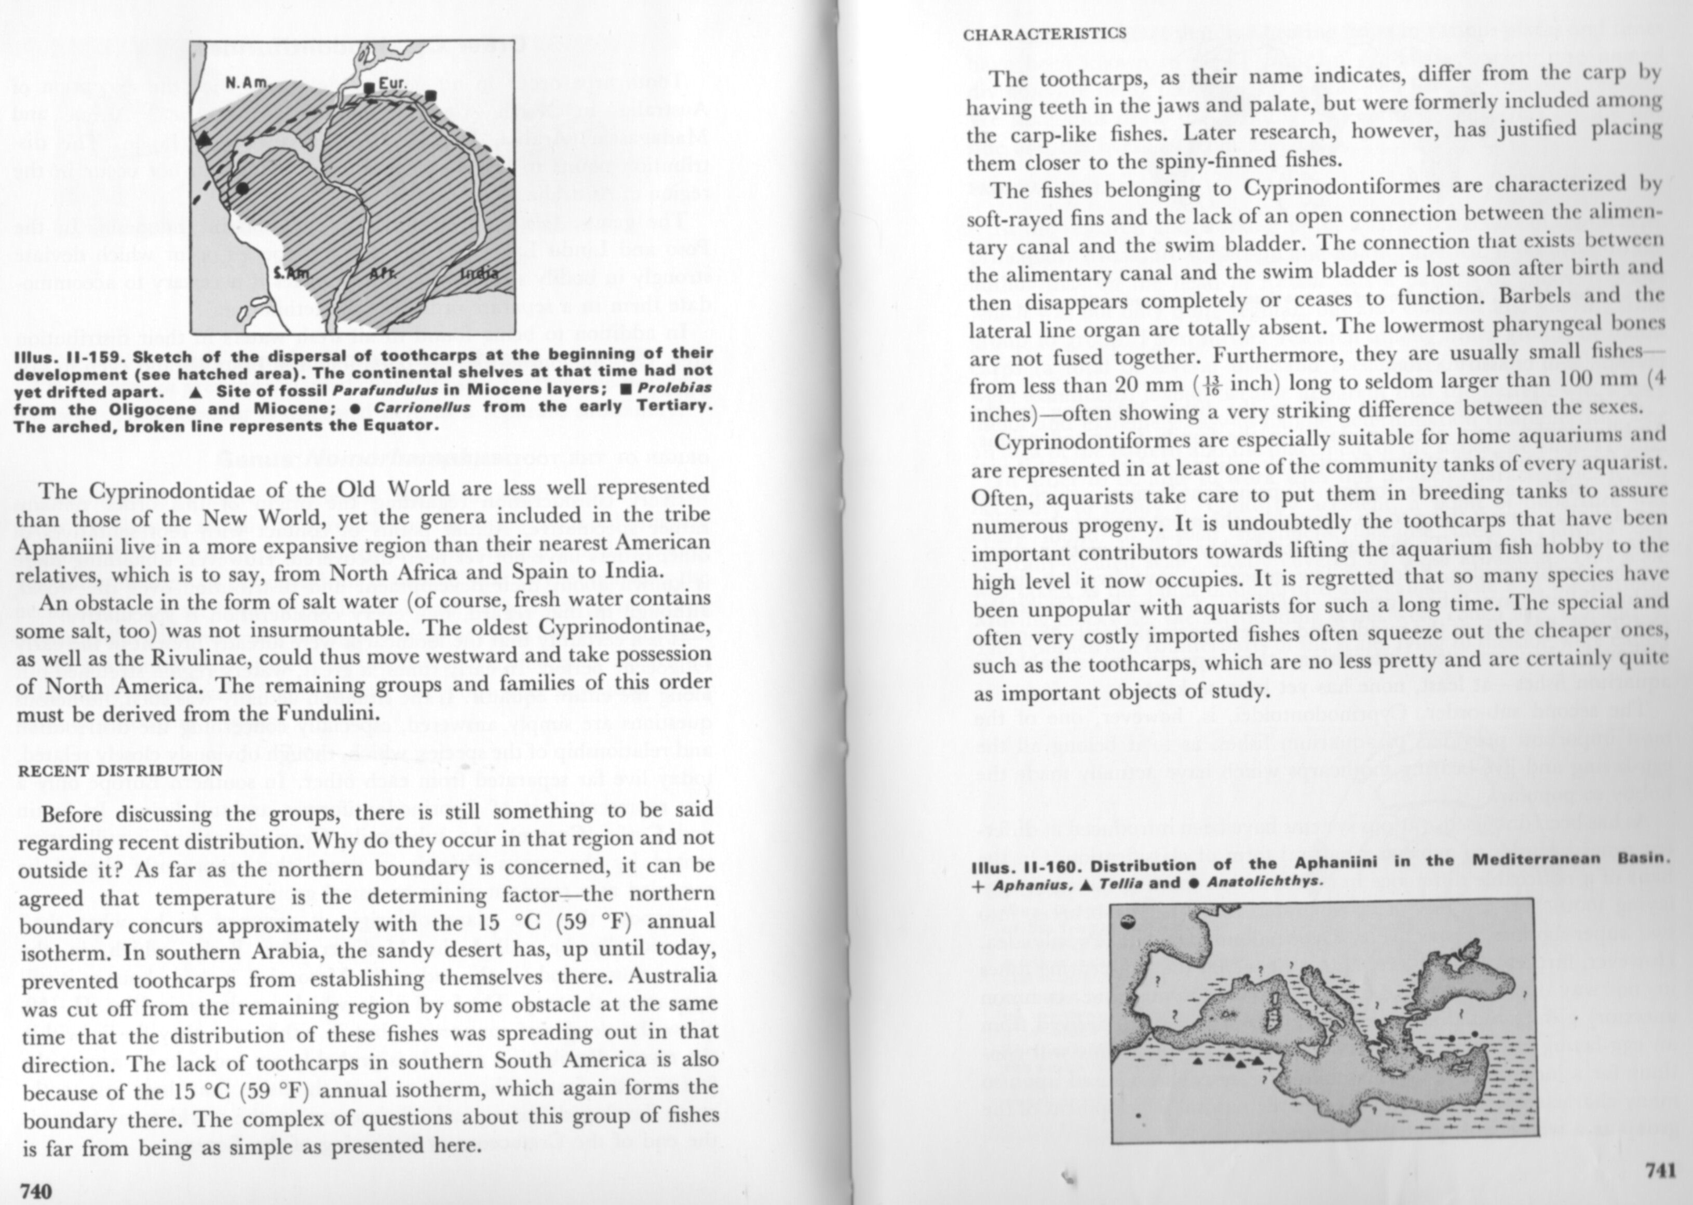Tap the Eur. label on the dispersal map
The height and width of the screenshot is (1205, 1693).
coord(392,83)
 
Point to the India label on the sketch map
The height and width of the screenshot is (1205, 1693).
coord(479,273)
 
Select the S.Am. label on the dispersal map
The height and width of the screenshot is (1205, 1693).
coord(291,273)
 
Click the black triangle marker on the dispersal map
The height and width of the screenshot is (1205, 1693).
coord(204,138)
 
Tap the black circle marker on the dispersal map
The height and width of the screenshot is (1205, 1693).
coord(242,188)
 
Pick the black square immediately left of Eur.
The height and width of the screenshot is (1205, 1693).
coord(369,88)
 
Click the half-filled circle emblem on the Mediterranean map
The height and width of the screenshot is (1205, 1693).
coord(1129,924)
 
